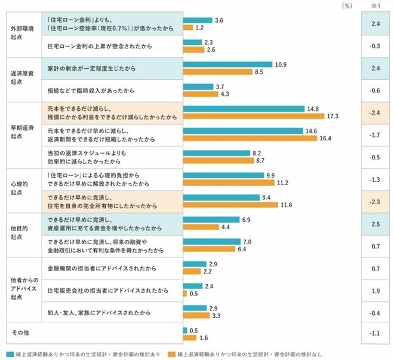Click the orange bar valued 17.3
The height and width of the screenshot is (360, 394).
[x=253, y=116]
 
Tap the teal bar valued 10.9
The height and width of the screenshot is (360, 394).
[x=228, y=64]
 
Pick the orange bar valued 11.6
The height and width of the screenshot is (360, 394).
[x=230, y=205]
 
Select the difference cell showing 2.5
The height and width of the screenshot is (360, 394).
[x=375, y=224]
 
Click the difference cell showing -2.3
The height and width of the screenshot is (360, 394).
[x=375, y=202]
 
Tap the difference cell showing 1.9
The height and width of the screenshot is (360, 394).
[x=375, y=291]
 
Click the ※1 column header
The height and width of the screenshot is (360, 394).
[x=375, y=5]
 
